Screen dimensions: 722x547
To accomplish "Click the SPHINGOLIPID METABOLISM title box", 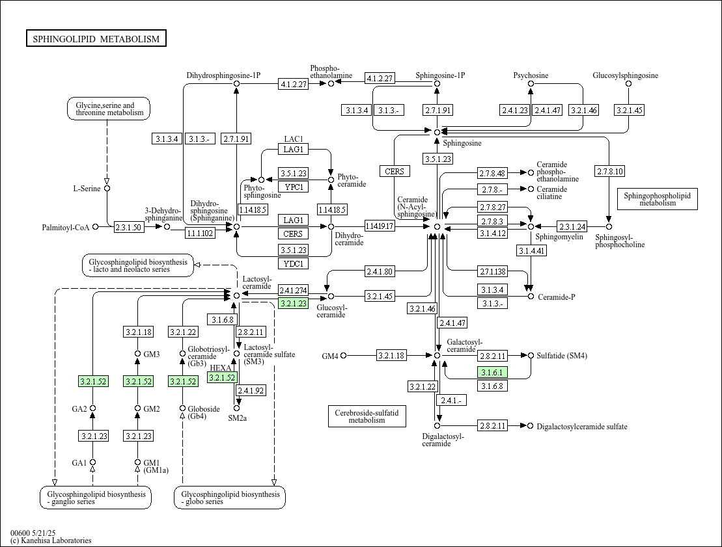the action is [96, 38].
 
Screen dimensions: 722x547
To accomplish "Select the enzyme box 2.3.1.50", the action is [128, 227].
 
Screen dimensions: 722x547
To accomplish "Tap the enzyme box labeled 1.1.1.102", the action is [200, 233].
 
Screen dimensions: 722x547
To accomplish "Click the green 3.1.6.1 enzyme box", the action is [492, 372].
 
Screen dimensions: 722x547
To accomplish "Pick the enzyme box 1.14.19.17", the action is [380, 226].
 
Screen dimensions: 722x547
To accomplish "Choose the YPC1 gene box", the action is [294, 187].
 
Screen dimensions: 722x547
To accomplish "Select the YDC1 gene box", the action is [294, 263].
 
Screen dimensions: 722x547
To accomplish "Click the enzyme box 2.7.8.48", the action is [492, 173].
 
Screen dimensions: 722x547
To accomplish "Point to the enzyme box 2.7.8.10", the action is [609, 172].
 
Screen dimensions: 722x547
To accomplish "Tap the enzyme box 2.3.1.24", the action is [572, 226].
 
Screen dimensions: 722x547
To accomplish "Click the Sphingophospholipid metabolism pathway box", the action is [657, 199].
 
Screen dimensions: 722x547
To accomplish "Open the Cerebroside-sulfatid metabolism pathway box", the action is [367, 416].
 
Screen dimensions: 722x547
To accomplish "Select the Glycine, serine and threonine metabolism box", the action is [109, 109].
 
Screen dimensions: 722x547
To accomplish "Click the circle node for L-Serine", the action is [107, 188].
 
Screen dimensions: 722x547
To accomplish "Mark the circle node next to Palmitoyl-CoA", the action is [95, 227].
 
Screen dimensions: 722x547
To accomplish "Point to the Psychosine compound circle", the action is [531, 84].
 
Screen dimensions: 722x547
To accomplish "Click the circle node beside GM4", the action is [343, 355].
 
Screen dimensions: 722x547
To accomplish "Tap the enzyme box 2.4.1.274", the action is [294, 290].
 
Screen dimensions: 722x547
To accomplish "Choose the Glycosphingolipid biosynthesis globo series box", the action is [230, 498].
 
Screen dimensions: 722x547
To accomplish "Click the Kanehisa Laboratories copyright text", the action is [51, 540].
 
